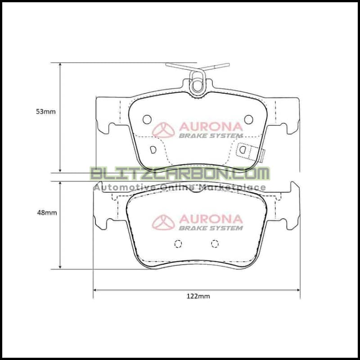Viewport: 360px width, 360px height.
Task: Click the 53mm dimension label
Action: point(46,112)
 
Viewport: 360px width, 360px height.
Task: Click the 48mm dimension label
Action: point(47,213)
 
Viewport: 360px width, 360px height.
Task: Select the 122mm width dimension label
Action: point(198,296)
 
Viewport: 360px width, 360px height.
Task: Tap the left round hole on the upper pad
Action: point(147,119)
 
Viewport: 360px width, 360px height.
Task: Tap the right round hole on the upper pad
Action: point(248,119)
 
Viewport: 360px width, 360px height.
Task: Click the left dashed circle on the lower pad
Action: point(178,243)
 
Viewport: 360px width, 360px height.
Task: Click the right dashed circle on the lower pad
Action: point(215,243)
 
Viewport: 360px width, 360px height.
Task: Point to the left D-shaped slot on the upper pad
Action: point(153,149)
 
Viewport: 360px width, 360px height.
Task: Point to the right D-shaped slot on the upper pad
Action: point(242,149)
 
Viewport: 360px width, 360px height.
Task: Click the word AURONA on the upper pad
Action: point(211,127)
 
